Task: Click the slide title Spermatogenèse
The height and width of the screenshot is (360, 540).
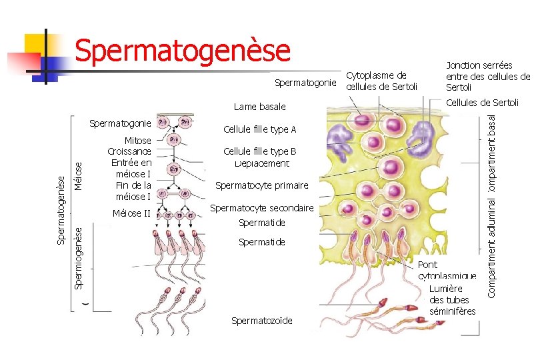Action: pos(183,51)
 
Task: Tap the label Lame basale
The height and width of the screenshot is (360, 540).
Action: pos(259,107)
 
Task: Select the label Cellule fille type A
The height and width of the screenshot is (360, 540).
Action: pos(259,129)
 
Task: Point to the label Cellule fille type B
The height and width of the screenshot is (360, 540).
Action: pos(259,151)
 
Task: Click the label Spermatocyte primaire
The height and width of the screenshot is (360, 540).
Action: pos(261,185)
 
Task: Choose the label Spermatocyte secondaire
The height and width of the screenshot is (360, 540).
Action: pos(261,209)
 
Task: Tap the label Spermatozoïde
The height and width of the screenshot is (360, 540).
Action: pos(261,321)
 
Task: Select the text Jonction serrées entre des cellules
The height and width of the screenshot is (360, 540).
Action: pos(487,76)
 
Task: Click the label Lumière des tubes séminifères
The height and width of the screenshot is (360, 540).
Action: pos(453,300)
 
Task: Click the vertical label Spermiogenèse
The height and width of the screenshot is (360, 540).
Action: pos(78,257)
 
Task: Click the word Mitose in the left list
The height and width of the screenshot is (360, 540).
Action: pos(138,140)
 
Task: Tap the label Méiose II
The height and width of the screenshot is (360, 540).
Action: pos(132,213)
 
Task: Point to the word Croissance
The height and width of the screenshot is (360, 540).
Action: pos(129,151)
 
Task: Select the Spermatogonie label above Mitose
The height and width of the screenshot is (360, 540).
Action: pos(120,123)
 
